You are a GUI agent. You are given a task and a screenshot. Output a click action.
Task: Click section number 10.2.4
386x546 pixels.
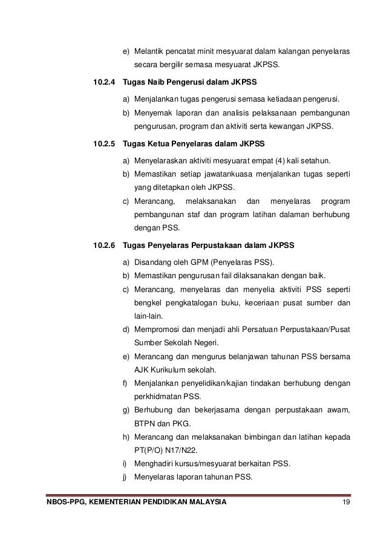104,82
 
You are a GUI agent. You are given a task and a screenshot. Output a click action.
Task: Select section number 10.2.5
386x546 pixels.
104,145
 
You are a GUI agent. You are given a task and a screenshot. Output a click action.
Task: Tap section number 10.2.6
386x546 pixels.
104,245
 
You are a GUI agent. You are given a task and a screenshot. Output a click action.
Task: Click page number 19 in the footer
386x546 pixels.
345,502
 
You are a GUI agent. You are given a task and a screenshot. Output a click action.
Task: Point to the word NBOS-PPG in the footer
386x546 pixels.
57,502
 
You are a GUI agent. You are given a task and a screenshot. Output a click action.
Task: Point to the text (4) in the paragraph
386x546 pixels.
275,161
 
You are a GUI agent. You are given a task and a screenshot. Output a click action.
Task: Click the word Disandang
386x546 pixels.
153,262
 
